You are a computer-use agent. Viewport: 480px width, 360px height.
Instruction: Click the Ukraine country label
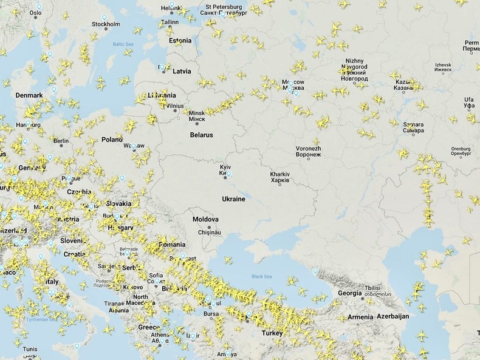pyautogui.click(x=233, y=199)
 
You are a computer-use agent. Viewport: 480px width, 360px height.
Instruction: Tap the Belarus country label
pyautogui.click(x=201, y=135)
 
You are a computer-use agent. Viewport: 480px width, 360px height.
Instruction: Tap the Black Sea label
pyautogui.click(x=259, y=276)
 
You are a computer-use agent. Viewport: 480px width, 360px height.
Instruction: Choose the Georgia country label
pyautogui.click(x=349, y=293)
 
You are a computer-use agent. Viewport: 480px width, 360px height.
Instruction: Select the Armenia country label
pyautogui.click(x=360, y=317)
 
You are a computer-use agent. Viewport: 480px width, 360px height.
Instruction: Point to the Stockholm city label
pyautogui.click(x=106, y=24)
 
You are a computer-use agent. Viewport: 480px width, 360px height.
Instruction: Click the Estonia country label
pyautogui.click(x=180, y=41)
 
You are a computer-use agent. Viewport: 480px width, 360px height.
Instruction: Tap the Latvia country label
pyautogui.click(x=182, y=71)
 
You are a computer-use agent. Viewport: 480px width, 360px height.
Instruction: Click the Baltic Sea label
pyautogui.click(x=122, y=44)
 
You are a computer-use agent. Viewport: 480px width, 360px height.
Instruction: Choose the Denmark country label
pyautogui.click(x=29, y=95)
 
